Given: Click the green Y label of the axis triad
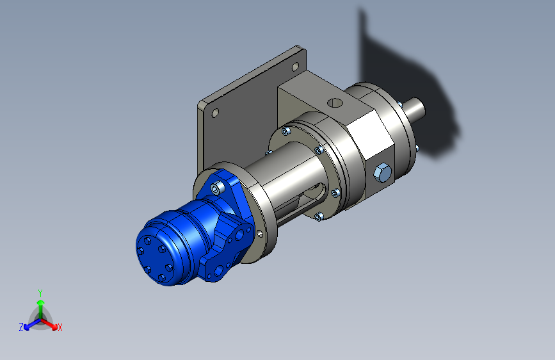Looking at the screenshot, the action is [x=40, y=293].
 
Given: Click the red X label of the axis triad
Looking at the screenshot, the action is [x=60, y=328].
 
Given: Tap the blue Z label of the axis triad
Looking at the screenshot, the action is [x=21, y=327].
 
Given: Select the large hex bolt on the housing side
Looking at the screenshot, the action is [x=383, y=173].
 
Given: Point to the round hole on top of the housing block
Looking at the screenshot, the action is [x=335, y=103].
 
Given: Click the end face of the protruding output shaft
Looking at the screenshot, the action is [x=421, y=108].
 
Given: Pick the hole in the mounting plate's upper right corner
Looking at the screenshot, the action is [x=295, y=67].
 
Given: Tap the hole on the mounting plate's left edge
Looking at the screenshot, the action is [x=215, y=113].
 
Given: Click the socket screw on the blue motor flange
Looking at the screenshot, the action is [x=218, y=188].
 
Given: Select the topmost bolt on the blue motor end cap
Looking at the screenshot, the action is [x=148, y=241].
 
